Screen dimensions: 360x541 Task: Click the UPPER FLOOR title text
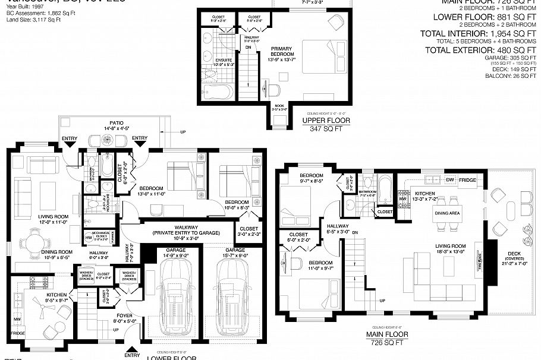coord(326,121)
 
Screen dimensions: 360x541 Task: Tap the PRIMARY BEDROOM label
coord(282,52)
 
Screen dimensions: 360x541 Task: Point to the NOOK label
coord(279,109)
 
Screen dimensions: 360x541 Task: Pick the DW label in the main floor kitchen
coord(450,179)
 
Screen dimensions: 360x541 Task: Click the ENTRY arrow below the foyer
coord(131,350)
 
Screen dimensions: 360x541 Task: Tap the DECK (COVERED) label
coord(514,257)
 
